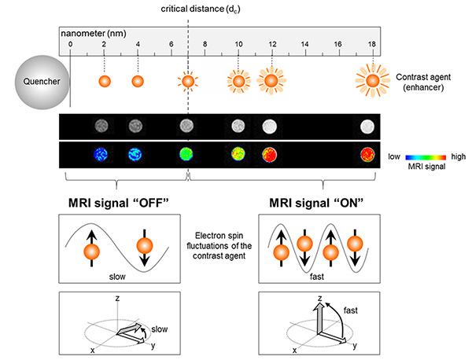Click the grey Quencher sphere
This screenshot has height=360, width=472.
tap(42, 82)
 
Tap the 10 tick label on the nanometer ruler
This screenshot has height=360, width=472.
tap(238, 44)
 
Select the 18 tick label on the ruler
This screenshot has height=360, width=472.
tap(372, 44)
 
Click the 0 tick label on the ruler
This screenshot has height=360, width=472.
tap(71, 44)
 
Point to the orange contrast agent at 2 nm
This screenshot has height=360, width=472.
tap(105, 81)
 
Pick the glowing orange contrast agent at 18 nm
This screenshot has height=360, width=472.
tap(373, 81)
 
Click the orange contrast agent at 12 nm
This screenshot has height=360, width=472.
tap(271, 81)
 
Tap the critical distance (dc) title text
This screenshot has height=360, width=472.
tap(201, 9)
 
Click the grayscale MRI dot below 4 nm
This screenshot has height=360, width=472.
tap(135, 126)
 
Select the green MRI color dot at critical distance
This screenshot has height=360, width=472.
tap(186, 155)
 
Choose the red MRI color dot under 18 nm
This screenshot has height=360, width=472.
tap(367, 155)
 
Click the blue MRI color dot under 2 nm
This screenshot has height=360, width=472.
tap(100, 155)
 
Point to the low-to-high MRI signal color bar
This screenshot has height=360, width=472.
tap(426, 157)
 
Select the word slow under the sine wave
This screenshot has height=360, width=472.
tap(117, 277)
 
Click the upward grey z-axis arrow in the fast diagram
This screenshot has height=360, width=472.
tap(319, 318)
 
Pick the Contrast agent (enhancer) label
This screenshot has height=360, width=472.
tap(423, 82)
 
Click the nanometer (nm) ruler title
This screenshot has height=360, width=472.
tap(94, 33)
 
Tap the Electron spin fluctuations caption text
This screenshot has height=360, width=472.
tap(219, 246)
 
